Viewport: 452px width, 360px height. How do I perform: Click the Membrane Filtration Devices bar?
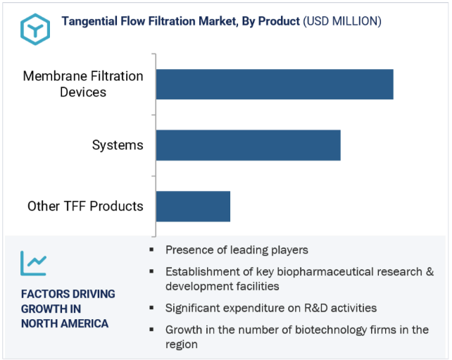(275, 85)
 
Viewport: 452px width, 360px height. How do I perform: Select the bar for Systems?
(249, 145)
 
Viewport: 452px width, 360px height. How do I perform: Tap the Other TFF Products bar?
(193, 206)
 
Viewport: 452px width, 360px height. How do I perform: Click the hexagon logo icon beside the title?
(35, 29)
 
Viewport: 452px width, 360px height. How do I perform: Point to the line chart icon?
(33, 263)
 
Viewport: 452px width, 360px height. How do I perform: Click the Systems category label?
(118, 145)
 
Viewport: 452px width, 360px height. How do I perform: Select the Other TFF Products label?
(85, 206)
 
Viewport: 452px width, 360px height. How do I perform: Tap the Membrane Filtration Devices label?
(83, 85)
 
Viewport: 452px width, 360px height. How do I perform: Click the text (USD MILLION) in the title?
(342, 21)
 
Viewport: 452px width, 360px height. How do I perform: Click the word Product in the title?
(279, 21)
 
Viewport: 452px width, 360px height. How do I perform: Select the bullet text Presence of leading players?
(237, 250)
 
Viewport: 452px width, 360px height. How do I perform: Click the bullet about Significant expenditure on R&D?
(271, 308)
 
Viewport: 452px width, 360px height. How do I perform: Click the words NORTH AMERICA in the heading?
(65, 323)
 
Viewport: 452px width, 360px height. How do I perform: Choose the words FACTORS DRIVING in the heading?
(68, 294)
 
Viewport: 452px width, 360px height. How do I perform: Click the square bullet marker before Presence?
(151, 249)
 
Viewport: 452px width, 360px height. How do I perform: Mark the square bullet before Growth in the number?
(151, 329)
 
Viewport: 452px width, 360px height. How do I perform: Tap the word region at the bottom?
(182, 345)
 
